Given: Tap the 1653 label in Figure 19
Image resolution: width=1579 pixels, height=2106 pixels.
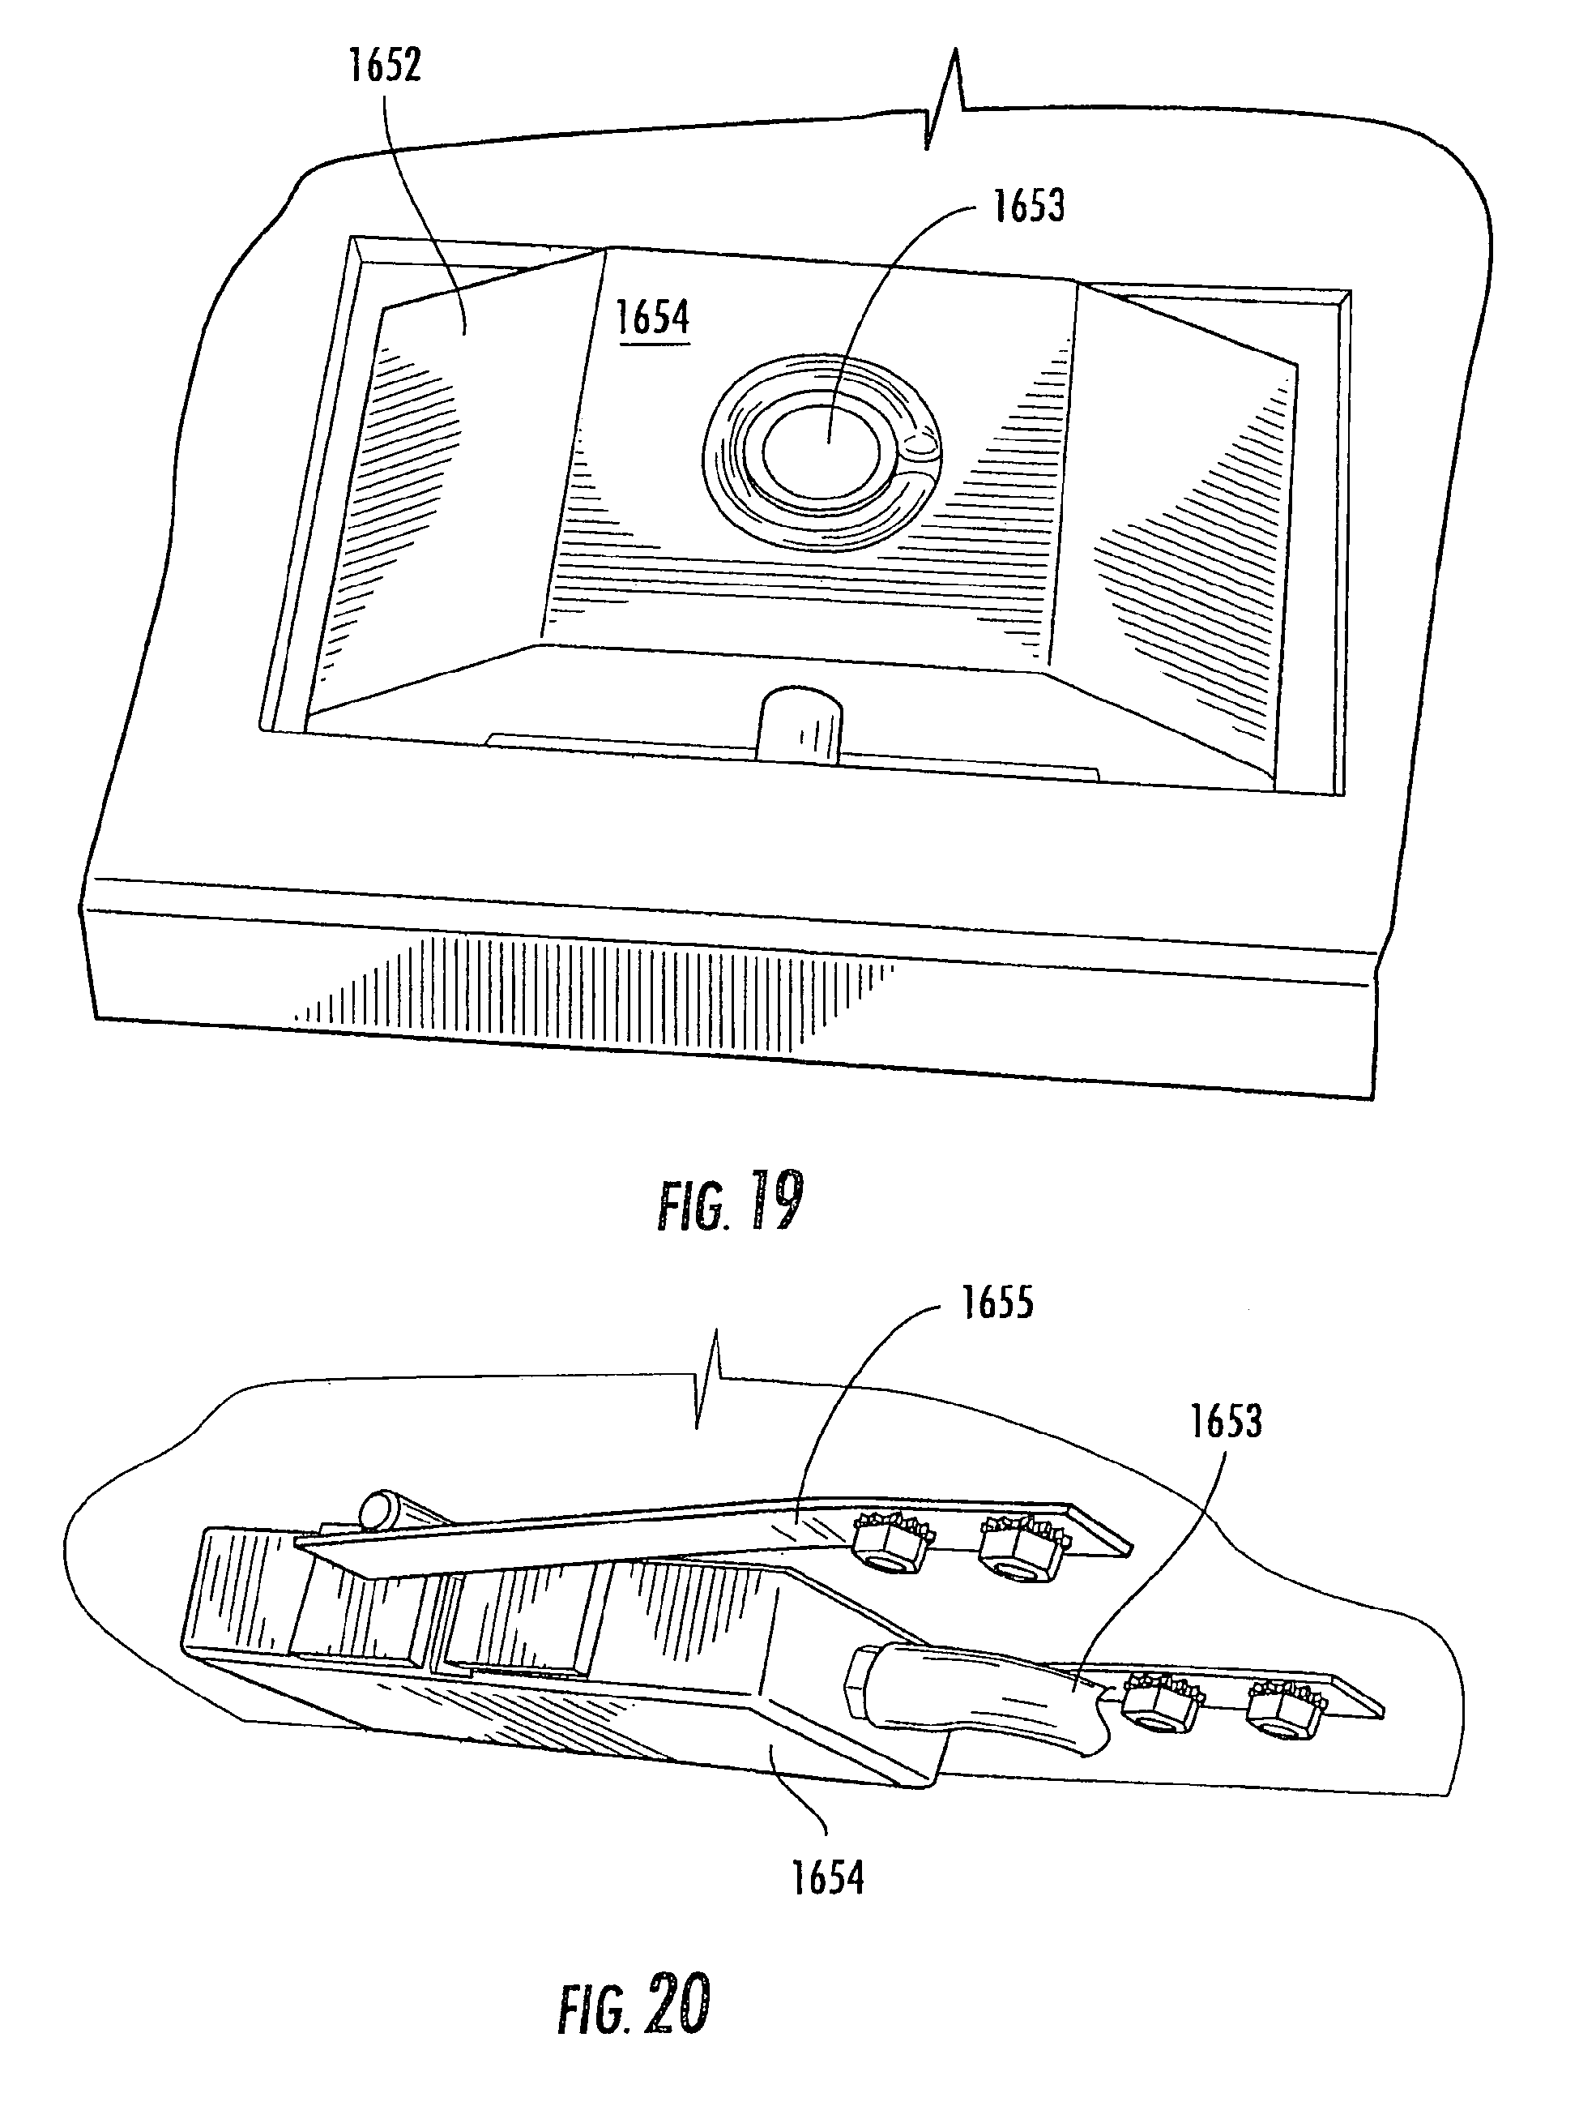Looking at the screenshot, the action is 1029,206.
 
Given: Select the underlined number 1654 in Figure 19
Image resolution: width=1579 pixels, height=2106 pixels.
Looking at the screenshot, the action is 653,317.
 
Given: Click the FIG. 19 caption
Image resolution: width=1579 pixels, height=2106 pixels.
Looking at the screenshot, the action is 730,1202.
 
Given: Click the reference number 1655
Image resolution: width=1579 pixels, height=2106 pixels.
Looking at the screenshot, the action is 997,1303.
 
